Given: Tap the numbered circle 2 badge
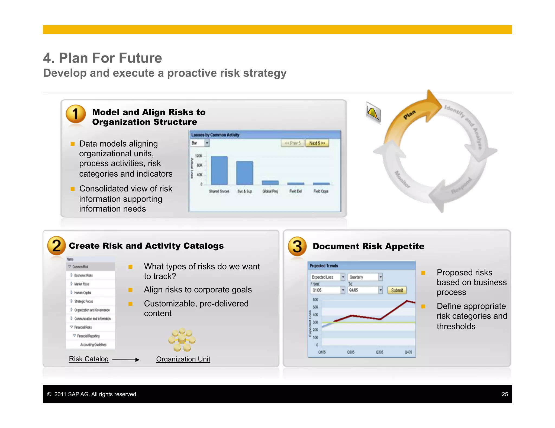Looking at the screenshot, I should click(x=56, y=246).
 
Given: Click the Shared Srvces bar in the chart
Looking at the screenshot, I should click(x=219, y=170).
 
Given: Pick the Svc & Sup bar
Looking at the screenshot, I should click(x=245, y=173).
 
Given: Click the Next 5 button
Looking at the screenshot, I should click(x=317, y=143).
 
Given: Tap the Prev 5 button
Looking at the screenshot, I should click(x=292, y=143).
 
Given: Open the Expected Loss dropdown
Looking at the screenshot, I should click(x=327, y=277).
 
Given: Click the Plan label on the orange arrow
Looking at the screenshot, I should click(x=409, y=114).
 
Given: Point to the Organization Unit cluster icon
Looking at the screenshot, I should click(x=182, y=340).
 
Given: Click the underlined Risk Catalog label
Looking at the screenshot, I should click(x=89, y=359).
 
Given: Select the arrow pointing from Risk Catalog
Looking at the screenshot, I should click(x=126, y=360).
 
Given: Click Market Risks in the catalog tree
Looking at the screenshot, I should click(x=82, y=284).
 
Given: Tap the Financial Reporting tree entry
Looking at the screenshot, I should click(x=88, y=336).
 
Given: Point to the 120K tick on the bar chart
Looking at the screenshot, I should click(x=199, y=156).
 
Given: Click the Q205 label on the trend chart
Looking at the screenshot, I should click(x=351, y=352).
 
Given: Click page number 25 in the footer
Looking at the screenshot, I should click(x=505, y=394).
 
